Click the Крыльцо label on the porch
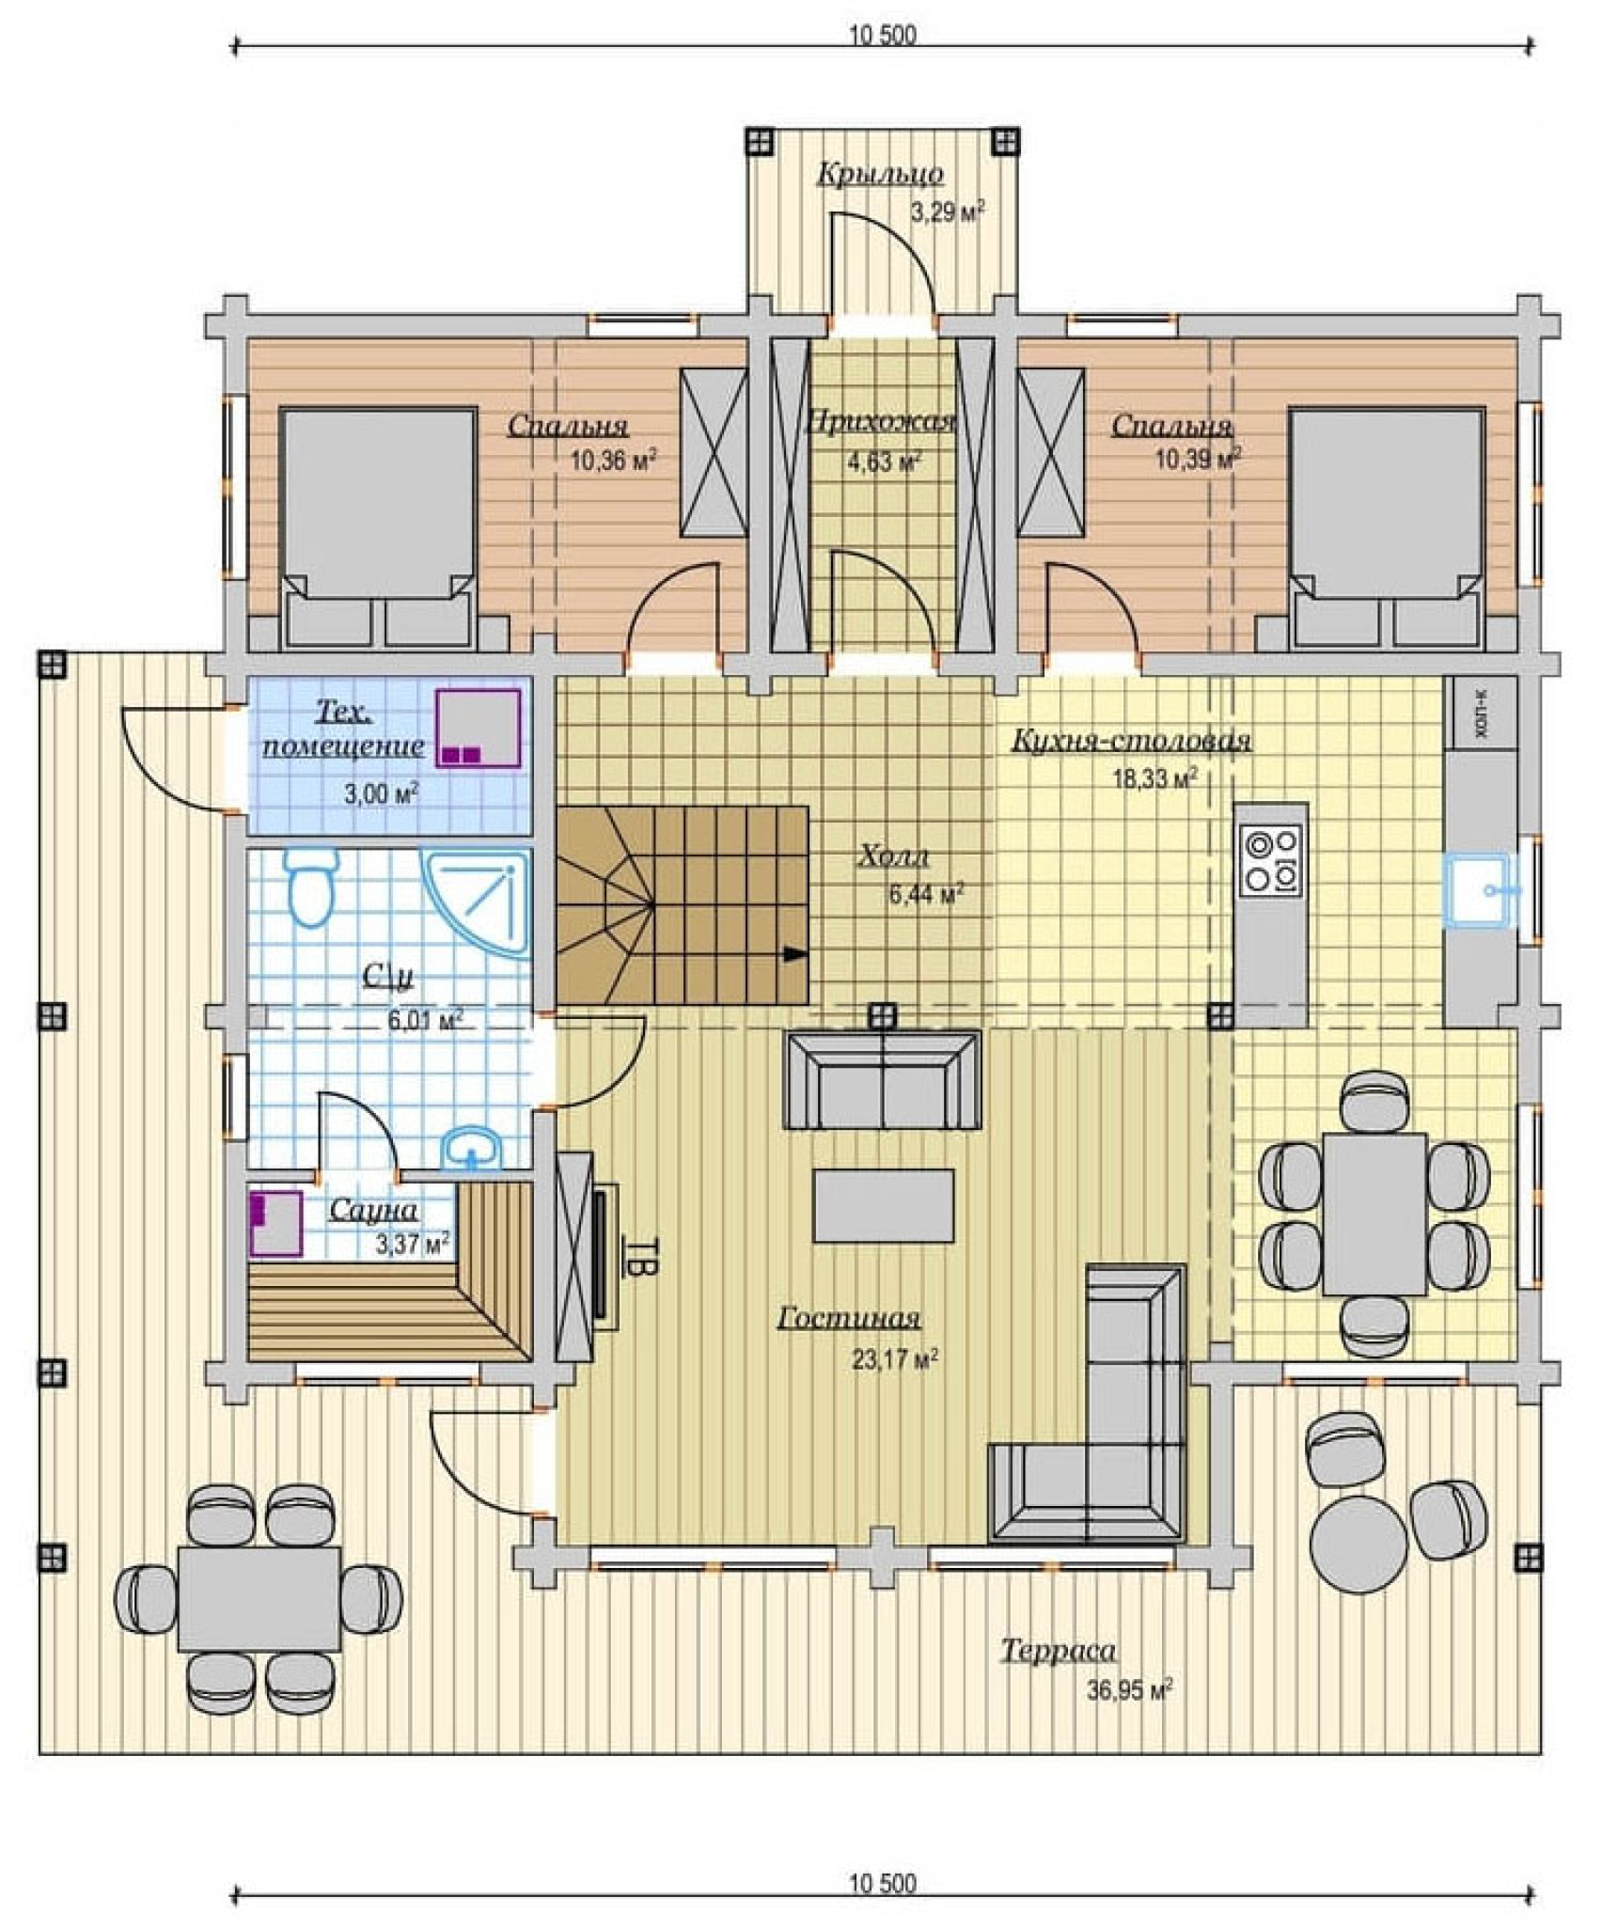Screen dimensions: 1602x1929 [x=880, y=175]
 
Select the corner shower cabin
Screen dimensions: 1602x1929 [x=477, y=902]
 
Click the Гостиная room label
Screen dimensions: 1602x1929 [x=848, y=1319]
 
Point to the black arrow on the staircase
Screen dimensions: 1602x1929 [x=795, y=955]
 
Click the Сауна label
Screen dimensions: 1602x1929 [x=373, y=1211]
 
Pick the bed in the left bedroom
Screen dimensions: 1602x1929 [x=378, y=527]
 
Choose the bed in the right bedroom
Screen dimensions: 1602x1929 [x=1387, y=527]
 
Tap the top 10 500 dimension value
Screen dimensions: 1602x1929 [x=882, y=36]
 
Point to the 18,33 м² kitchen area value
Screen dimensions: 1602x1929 [x=1155, y=778]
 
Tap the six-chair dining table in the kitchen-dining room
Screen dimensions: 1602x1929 [x=1374, y=1214]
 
